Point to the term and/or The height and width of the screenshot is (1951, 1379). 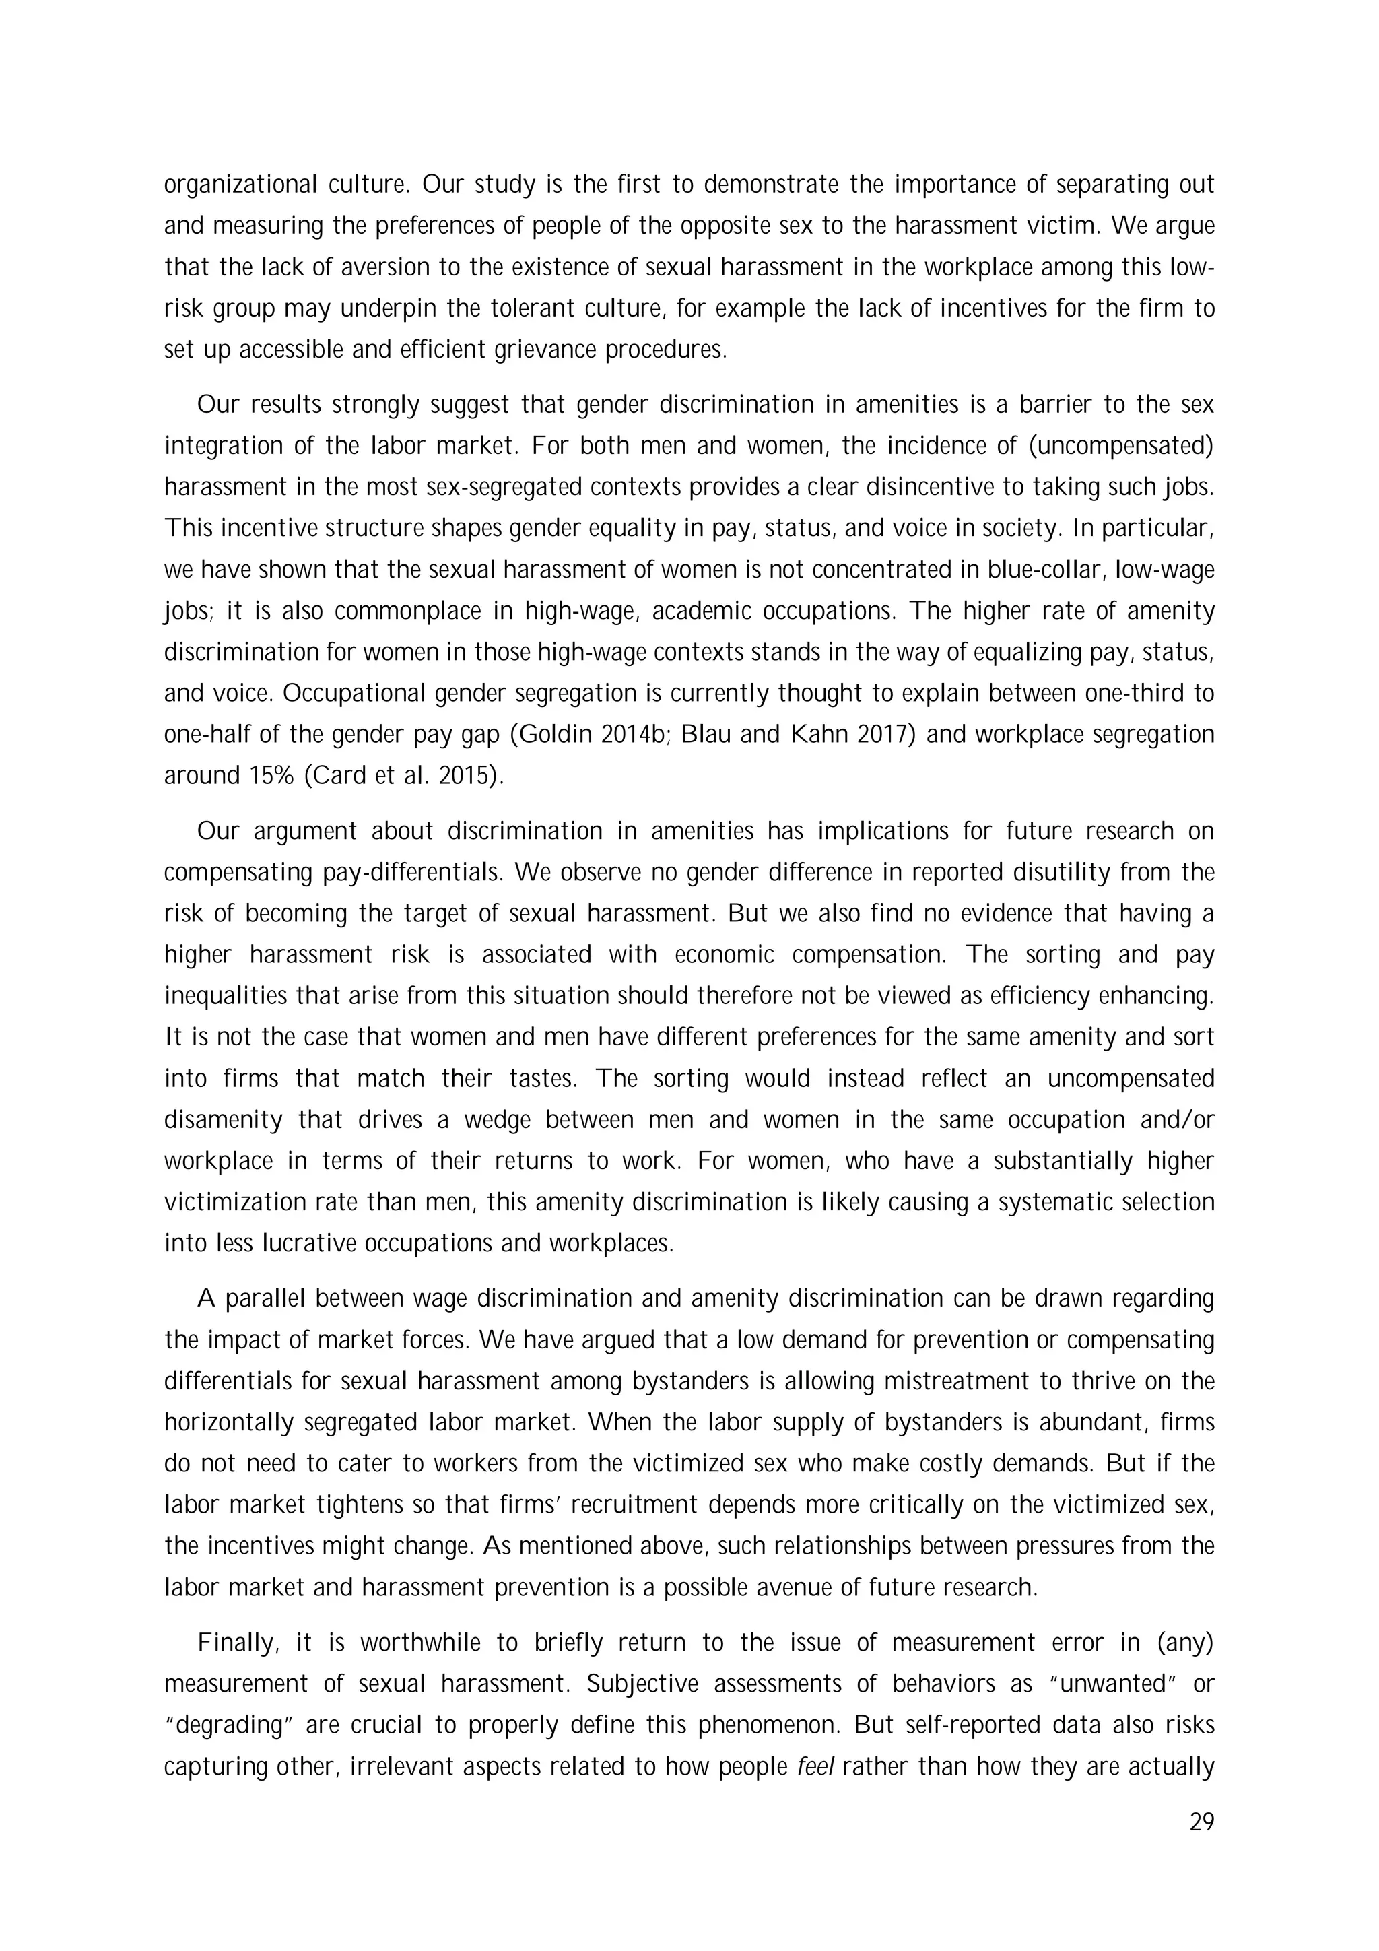tap(1178, 1120)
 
